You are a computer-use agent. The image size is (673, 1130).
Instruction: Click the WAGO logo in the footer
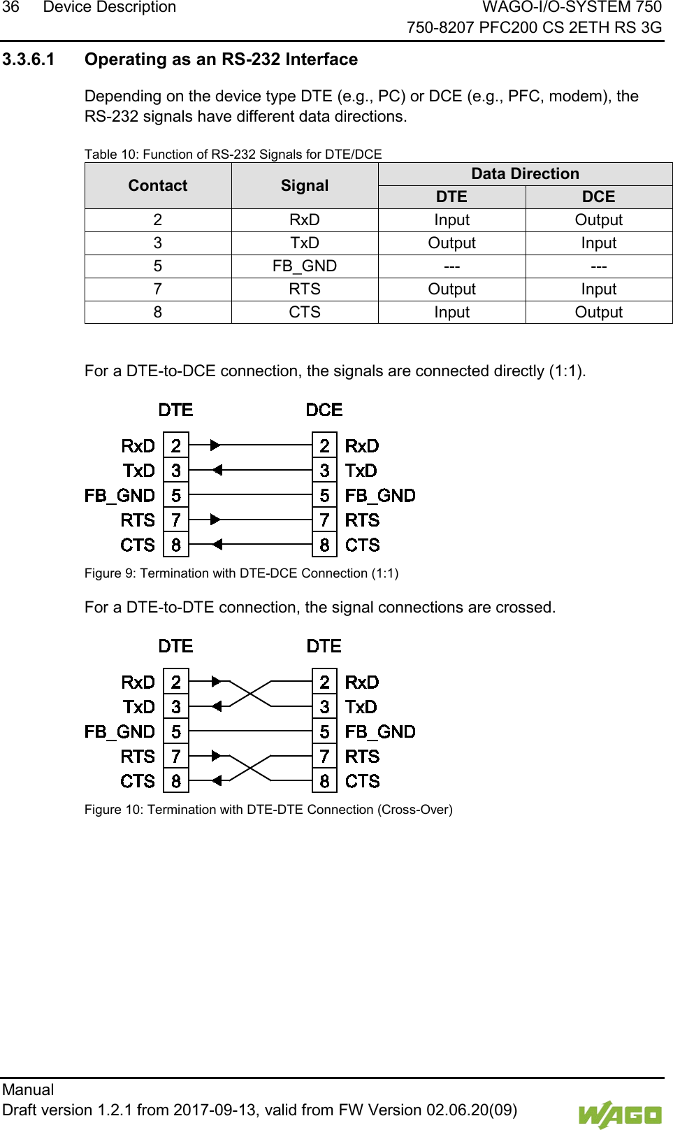coord(619,1115)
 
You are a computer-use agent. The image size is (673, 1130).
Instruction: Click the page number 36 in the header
coord(10,8)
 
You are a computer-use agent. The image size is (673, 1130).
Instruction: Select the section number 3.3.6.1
coord(29,59)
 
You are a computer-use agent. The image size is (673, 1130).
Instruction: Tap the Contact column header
coord(158,185)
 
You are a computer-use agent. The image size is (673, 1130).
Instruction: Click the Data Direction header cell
coord(525,173)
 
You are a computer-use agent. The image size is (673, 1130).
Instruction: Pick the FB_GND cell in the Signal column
coord(305,266)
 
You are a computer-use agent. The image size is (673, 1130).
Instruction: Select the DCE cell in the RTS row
coord(598,289)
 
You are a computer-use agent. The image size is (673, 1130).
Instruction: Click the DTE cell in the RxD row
coord(451,220)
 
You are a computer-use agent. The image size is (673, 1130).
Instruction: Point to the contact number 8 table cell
coord(158,313)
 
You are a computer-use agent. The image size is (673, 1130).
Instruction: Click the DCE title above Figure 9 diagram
coord(324,410)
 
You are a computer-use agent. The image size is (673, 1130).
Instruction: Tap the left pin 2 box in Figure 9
coord(176,445)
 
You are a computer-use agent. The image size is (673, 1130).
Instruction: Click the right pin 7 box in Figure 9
coord(324,520)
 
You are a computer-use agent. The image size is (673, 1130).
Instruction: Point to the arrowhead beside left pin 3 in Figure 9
coord(217,470)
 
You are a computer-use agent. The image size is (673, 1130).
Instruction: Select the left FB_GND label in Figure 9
coord(120,496)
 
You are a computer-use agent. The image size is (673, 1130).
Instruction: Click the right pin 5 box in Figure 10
coord(324,732)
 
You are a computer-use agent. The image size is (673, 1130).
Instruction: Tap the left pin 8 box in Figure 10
coord(176,781)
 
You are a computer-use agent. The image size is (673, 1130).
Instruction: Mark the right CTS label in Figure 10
coord(363,781)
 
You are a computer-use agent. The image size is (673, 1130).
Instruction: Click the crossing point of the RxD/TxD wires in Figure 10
coord(250,694)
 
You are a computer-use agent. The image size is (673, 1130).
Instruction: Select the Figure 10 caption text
coord(268,810)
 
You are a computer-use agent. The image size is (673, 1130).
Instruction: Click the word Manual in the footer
coord(28,1089)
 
